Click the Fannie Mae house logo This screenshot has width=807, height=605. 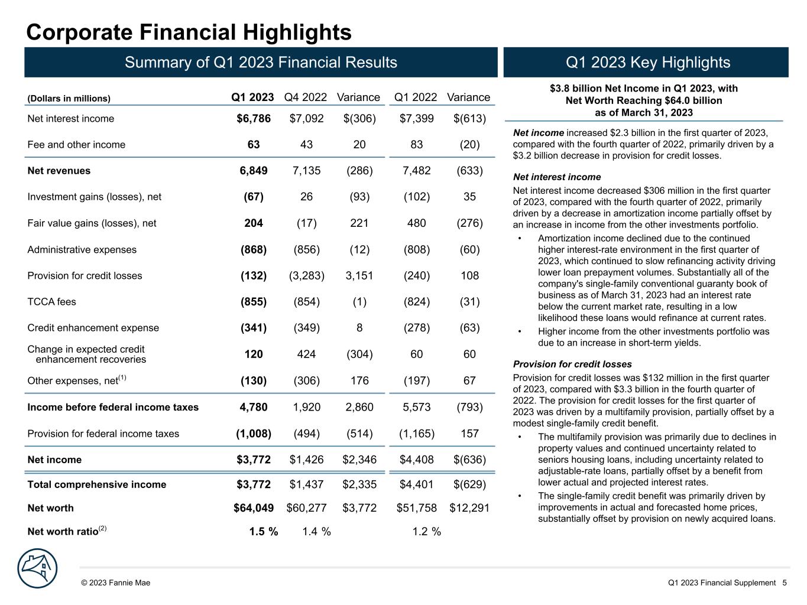38,568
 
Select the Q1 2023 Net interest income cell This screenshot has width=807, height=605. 254,119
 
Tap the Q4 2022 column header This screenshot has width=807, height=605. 306,97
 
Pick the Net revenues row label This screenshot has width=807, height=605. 59,171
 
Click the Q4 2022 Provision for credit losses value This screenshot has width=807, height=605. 306,276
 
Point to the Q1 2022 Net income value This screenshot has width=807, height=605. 416,460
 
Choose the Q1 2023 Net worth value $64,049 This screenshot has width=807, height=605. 253,508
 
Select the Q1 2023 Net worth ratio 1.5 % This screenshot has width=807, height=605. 263,532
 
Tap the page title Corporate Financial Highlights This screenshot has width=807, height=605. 189,32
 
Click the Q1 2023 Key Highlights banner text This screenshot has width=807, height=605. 648,63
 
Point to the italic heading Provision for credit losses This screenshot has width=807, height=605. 572,365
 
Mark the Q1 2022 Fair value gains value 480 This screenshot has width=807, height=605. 416,223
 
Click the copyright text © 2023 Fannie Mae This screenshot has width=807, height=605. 116,583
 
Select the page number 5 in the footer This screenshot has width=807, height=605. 785,583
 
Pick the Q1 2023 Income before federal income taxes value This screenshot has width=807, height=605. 253,407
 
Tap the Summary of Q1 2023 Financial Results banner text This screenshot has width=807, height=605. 261,63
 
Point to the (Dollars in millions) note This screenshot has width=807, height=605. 69,99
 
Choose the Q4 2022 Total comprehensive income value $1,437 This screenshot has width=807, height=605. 306,484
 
